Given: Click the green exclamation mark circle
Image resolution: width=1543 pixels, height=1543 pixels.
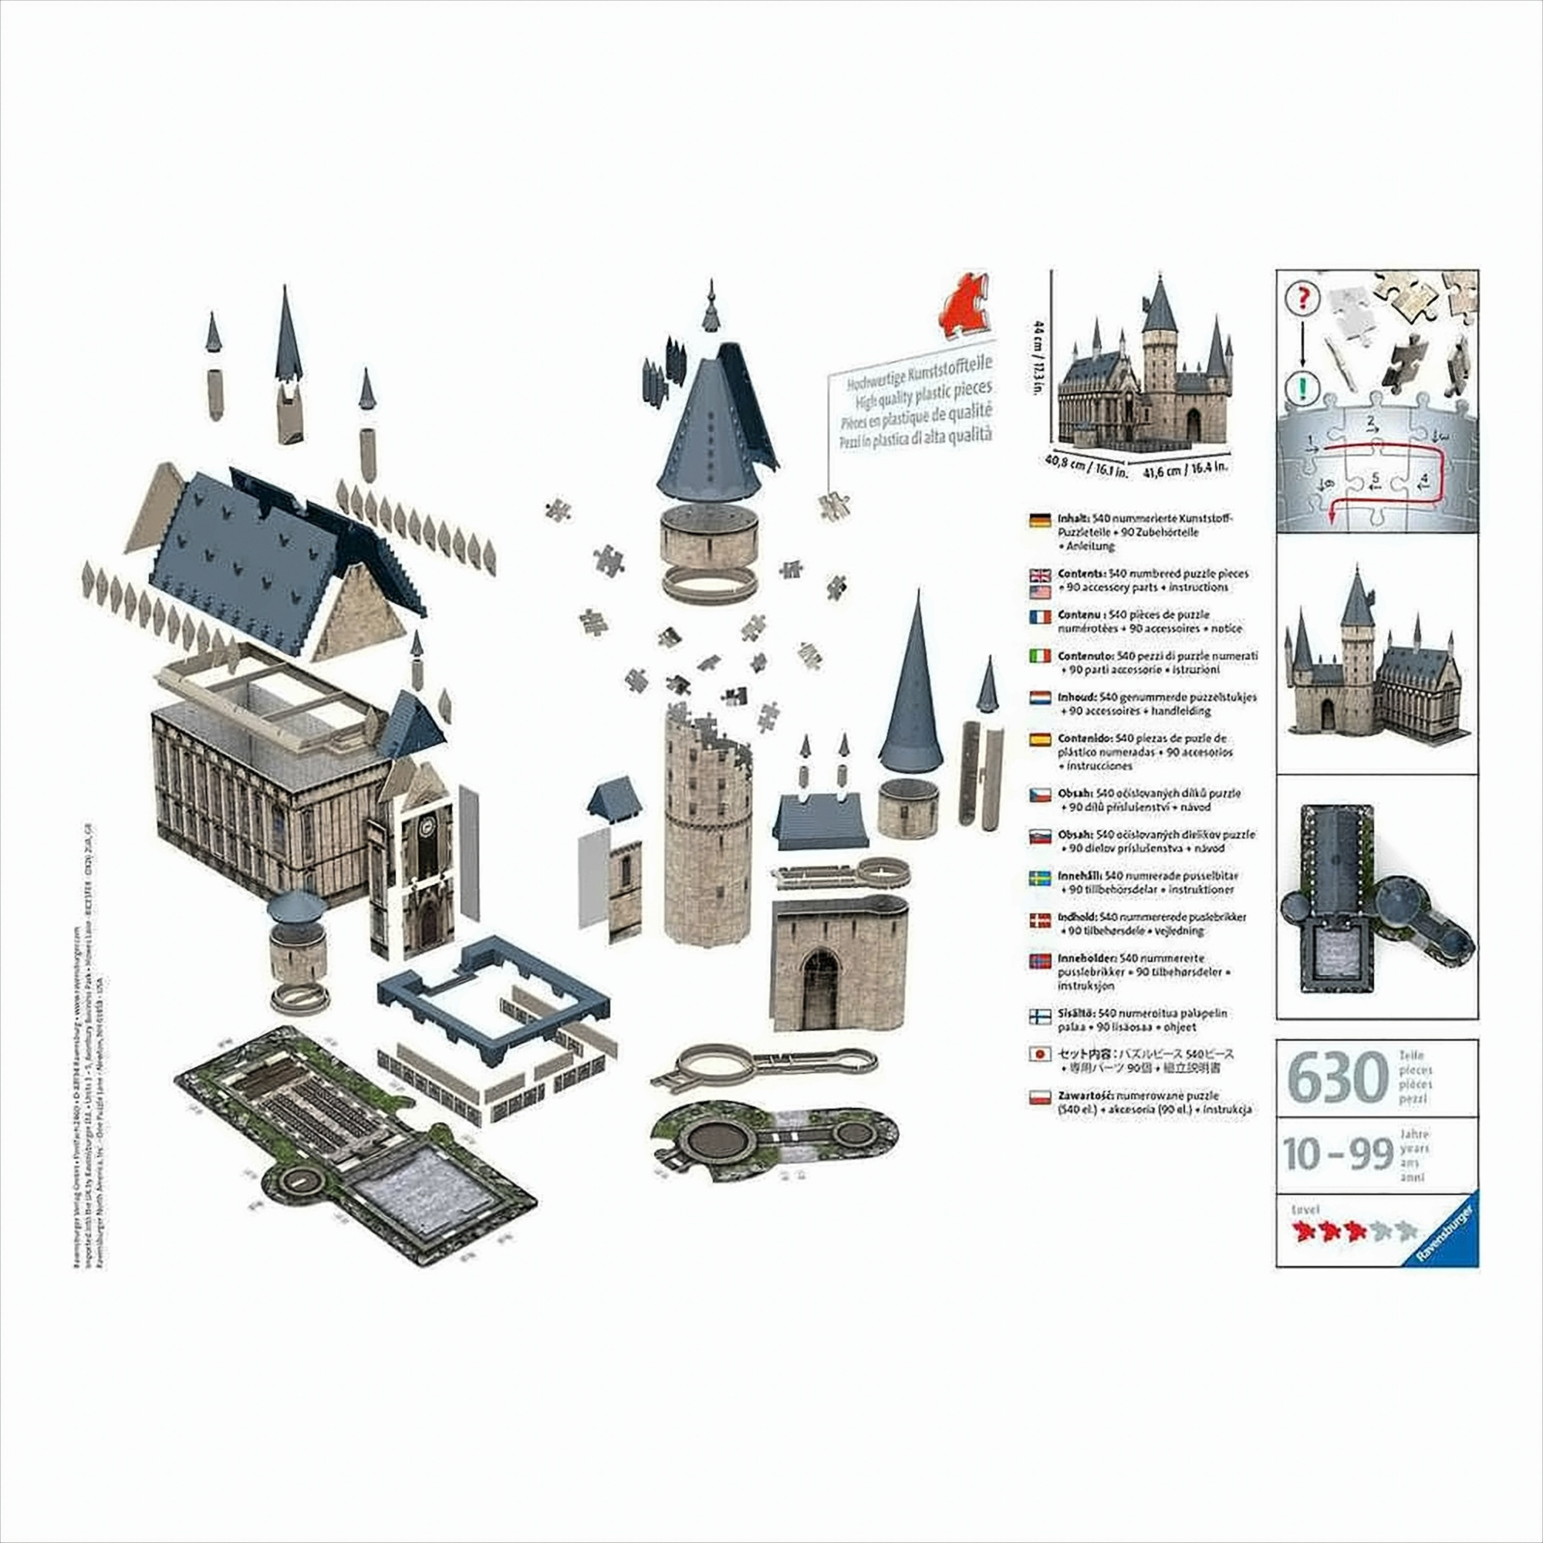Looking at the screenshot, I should pos(1303,390).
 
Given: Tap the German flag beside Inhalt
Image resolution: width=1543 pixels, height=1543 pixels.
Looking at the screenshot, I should pos(1040,521).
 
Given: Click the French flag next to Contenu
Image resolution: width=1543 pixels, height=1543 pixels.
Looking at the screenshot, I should pos(1040,616).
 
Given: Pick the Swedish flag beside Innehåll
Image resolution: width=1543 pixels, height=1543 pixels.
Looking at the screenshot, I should pos(1040,880).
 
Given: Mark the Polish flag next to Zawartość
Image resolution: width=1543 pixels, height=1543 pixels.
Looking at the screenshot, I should pos(1040,1099).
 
